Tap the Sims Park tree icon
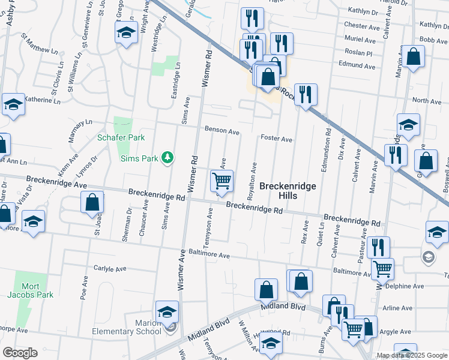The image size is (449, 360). point(169,158)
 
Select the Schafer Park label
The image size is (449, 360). point(121,137)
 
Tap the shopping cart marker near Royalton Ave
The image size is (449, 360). point(221,181)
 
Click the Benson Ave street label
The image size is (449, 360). point(222,130)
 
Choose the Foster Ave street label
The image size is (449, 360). point(276,139)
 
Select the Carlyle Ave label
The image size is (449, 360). point(112,268)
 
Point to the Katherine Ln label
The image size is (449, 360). point(43,101)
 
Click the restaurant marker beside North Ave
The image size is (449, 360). point(306,94)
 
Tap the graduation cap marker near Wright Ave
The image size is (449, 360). point(126,34)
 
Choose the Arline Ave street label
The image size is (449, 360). point(397,308)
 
